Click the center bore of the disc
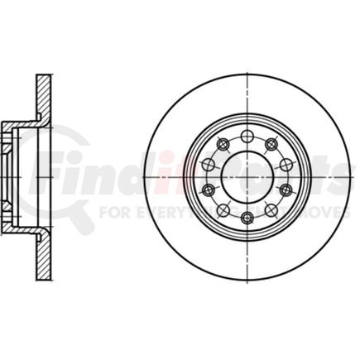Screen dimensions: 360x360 247,175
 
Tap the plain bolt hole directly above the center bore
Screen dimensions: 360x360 247,134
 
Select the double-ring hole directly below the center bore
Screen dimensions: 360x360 247,217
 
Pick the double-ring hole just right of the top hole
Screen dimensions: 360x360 271,144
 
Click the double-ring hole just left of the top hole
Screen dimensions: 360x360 222,144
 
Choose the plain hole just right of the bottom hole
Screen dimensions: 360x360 271,209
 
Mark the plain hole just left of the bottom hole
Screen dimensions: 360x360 223,209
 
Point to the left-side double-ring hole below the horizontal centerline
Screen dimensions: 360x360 207,190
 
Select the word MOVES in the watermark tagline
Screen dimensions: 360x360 331,212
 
